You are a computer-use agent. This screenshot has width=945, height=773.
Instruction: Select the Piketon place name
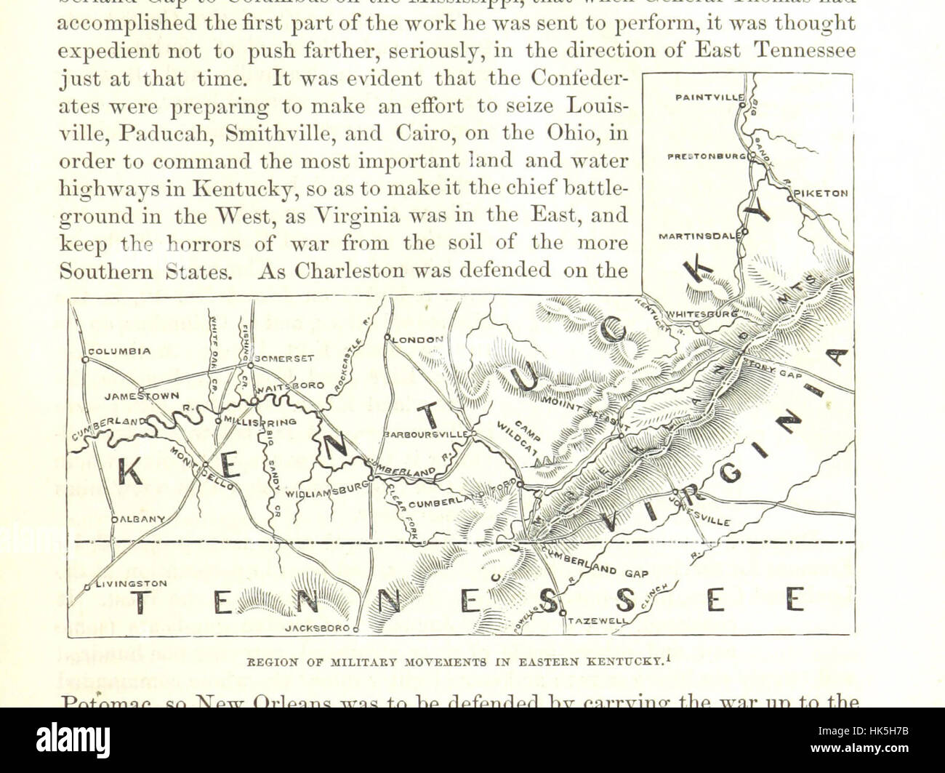coord(821,194)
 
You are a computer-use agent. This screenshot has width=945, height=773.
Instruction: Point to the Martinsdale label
coord(699,236)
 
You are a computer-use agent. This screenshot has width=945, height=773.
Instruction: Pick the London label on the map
coord(417,340)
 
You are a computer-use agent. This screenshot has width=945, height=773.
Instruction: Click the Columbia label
coord(119,351)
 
